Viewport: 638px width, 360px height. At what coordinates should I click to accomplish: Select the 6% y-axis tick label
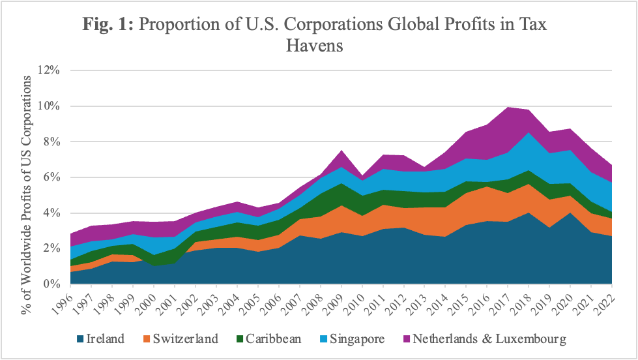tap(52, 177)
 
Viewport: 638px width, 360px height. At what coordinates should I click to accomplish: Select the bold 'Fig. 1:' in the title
tap(109, 25)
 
